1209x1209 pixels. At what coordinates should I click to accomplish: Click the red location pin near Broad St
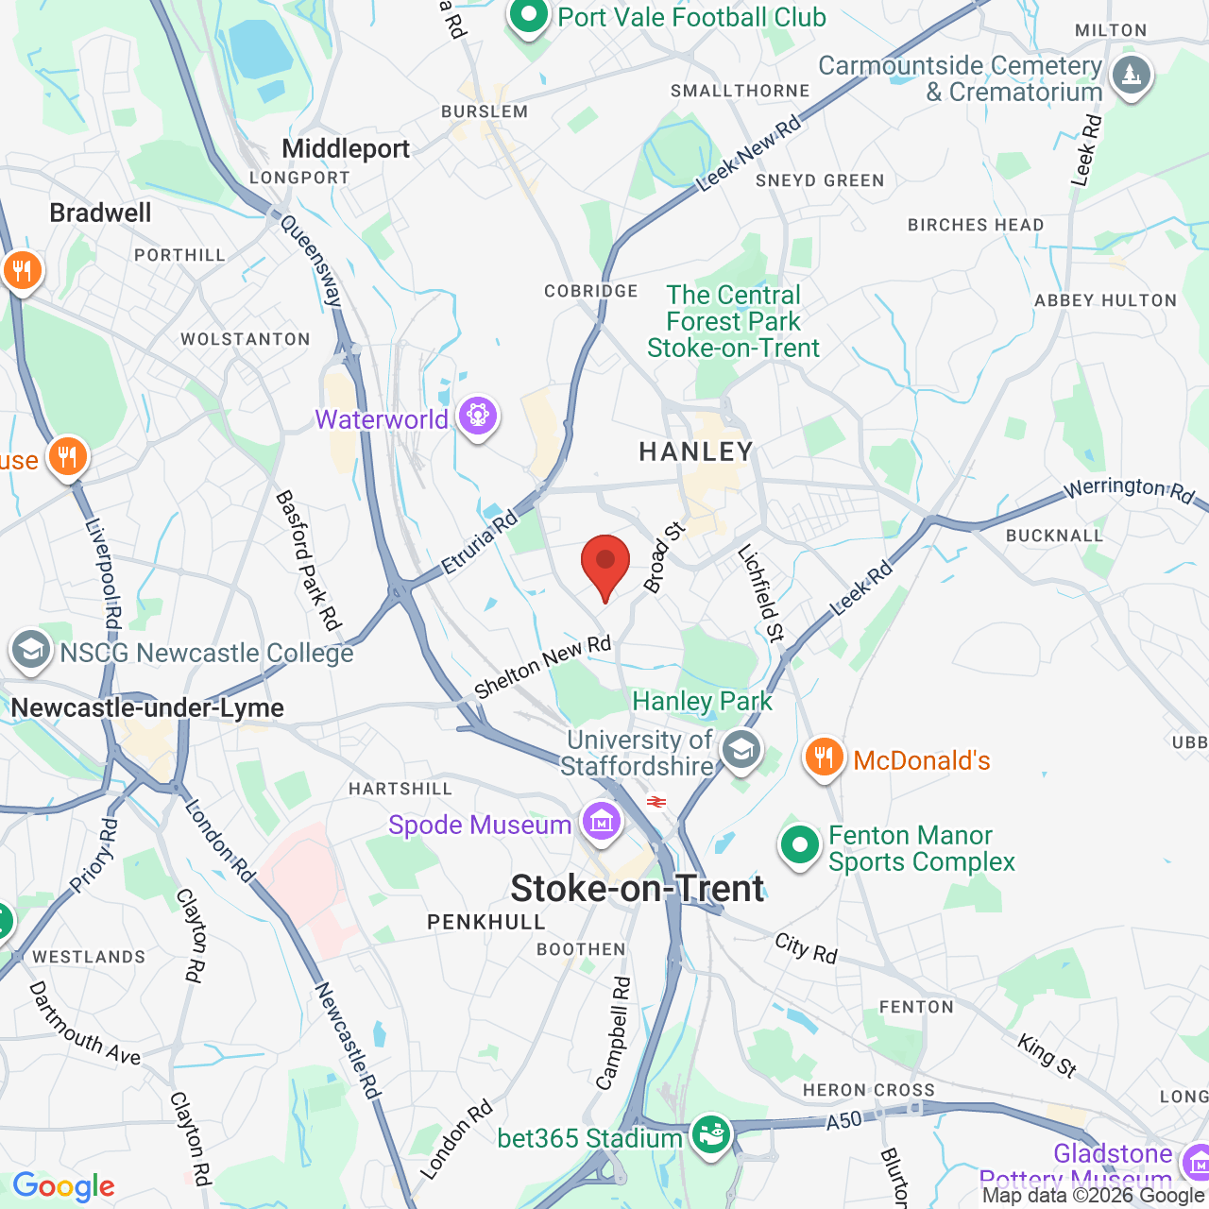tap(604, 563)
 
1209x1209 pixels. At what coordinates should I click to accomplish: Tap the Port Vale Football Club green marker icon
tap(529, 16)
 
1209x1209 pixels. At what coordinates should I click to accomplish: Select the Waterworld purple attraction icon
tap(478, 416)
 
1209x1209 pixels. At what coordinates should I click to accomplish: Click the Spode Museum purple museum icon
tap(601, 822)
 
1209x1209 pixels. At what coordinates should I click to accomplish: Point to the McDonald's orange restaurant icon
tap(824, 758)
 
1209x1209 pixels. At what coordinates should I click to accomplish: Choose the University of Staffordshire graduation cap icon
tap(741, 751)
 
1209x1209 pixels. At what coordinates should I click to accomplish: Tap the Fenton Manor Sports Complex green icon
tap(800, 846)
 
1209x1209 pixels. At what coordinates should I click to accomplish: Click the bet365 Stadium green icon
tap(710, 1134)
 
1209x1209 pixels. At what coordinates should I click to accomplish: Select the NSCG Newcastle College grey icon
tap(30, 650)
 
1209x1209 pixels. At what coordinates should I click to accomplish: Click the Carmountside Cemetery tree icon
tap(1131, 75)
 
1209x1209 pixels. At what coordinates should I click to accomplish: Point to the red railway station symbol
tap(656, 802)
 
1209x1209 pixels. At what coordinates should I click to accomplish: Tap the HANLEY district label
tap(696, 452)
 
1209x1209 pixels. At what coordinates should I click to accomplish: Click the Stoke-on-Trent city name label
tap(638, 889)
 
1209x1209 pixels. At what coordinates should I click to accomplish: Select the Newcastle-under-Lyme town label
tap(147, 708)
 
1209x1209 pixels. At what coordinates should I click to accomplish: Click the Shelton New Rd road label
tap(543, 667)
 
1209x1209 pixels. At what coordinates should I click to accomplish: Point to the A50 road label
tap(844, 1120)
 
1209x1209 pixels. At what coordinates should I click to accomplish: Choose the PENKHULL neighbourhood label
tap(486, 922)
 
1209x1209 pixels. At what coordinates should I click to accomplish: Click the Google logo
tap(64, 1186)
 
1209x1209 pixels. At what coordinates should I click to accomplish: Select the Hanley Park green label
tap(702, 702)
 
